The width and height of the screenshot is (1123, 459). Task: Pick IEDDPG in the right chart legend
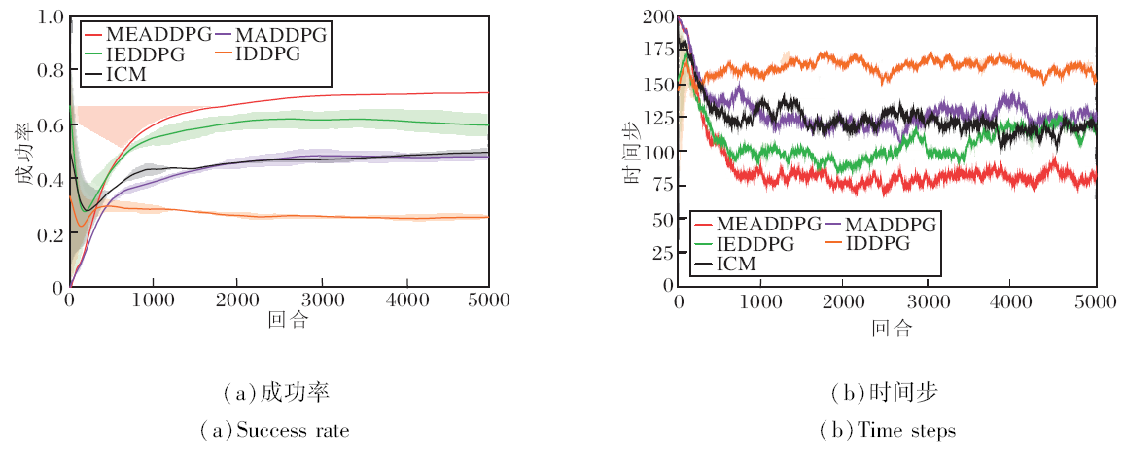click(x=756, y=244)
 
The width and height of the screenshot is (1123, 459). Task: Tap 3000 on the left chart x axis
click(x=320, y=300)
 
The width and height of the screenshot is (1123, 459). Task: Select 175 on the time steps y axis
click(x=655, y=48)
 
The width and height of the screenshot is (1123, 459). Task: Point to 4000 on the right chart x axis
click(x=1012, y=300)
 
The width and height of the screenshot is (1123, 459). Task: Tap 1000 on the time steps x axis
click(x=760, y=300)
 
